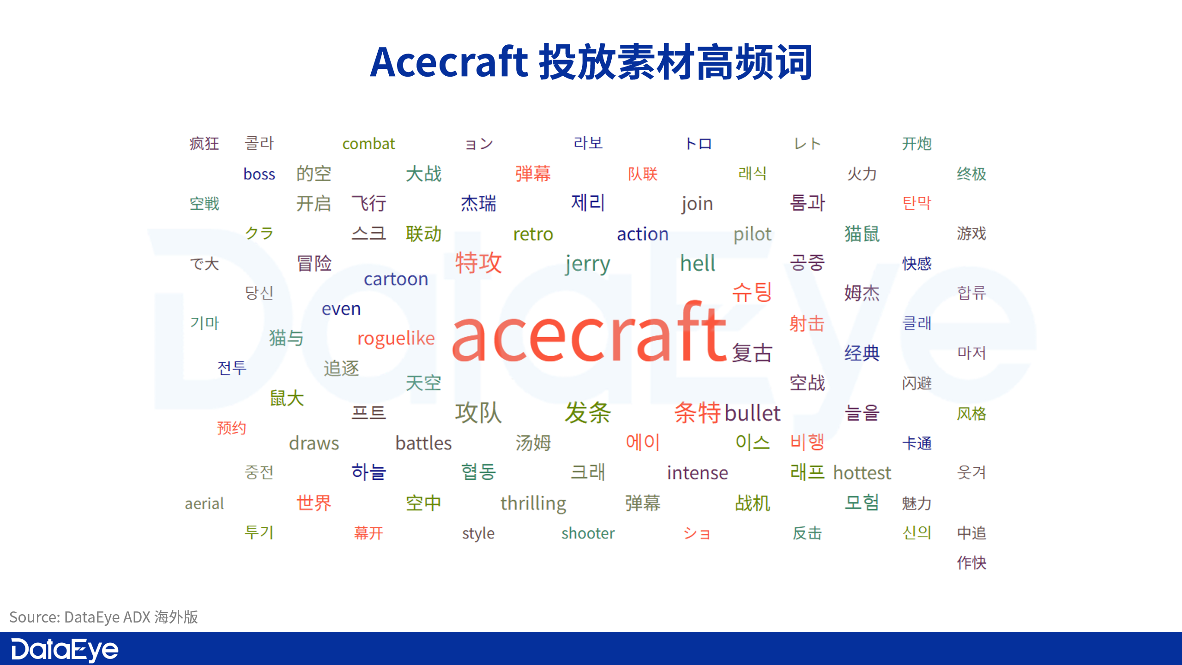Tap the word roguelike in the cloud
[x=396, y=339]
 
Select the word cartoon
[x=396, y=279]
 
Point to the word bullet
[x=753, y=413]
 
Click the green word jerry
[x=587, y=264]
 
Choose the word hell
[x=698, y=263]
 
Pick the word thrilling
[x=533, y=503]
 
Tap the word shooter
[x=588, y=533]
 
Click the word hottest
[x=862, y=473]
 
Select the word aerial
[x=204, y=503]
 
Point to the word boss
[x=259, y=174]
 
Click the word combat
[x=368, y=144]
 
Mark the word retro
[x=533, y=234]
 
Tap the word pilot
[x=753, y=234]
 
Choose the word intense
[x=697, y=473]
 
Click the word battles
[x=423, y=443]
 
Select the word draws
[x=314, y=443]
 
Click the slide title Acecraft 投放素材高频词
[x=591, y=62]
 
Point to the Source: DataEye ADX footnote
[x=104, y=617]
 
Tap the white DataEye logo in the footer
[x=65, y=649]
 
